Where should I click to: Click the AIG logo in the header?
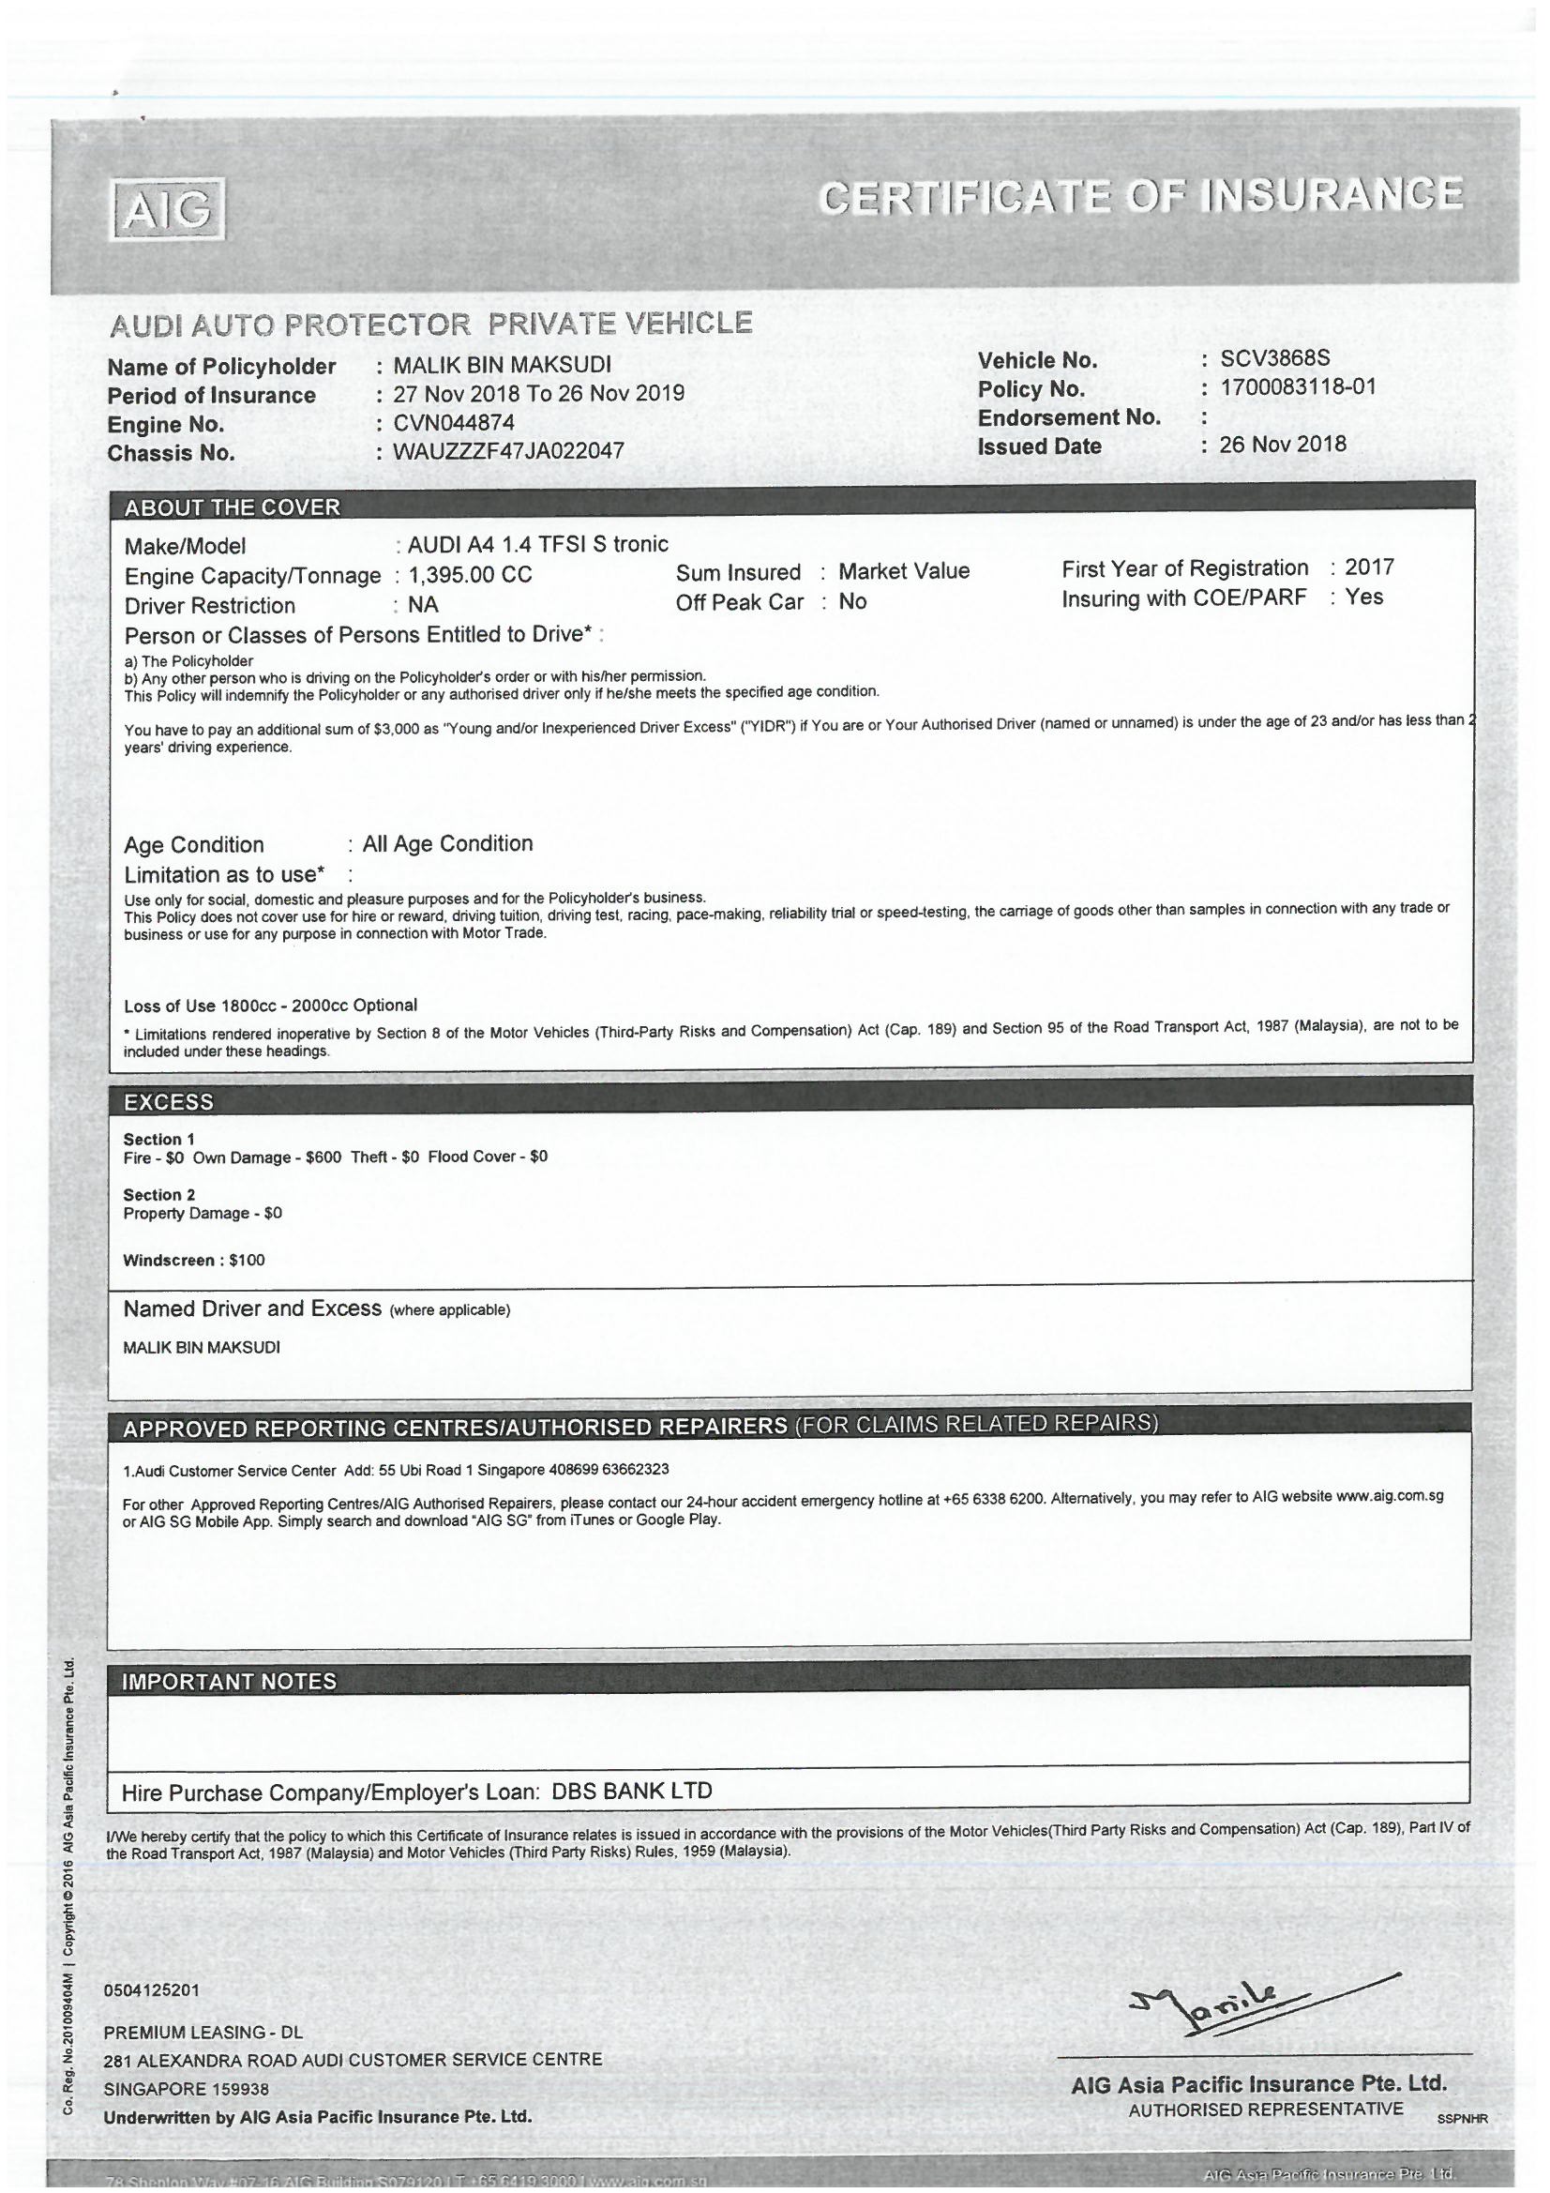[168, 209]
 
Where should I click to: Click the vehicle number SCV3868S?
[1275, 359]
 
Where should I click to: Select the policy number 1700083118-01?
[1298, 387]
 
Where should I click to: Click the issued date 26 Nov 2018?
[1283, 445]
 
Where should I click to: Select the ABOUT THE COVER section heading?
[232, 507]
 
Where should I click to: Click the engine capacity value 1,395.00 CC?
[470, 575]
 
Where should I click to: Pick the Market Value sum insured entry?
[903, 571]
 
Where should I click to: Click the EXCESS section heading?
[169, 1101]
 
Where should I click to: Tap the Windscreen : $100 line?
[194, 1260]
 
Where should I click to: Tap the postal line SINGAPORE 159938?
[187, 2089]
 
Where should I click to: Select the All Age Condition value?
[447, 843]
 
